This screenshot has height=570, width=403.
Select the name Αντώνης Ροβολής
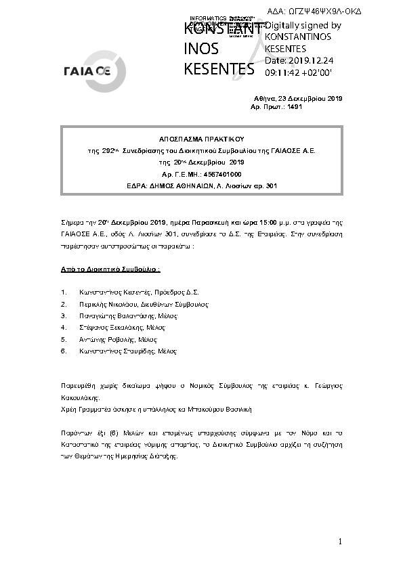(102, 339)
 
